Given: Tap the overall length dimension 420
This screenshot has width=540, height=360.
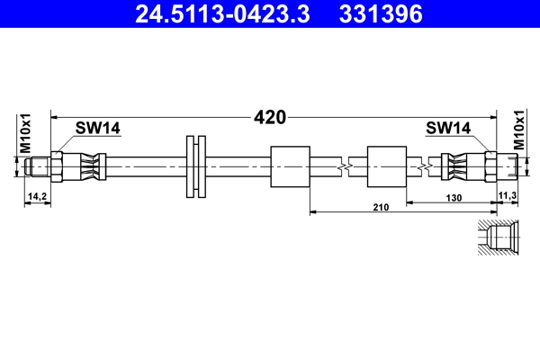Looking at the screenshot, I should click(x=270, y=117).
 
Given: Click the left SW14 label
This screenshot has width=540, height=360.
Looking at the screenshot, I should click(x=98, y=129).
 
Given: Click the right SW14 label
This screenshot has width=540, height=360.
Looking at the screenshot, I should click(x=447, y=129).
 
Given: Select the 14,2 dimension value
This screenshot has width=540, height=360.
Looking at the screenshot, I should click(x=37, y=194).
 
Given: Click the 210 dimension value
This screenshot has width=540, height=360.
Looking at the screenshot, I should click(x=380, y=208).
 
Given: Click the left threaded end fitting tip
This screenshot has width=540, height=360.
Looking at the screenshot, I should click(x=36, y=166).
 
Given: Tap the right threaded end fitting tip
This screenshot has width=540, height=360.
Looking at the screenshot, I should click(x=510, y=166).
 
